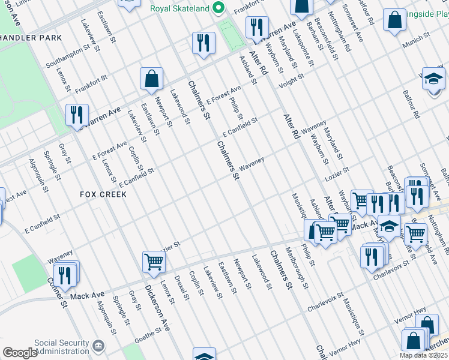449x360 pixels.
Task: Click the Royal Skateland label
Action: pyautogui.click(x=179, y=8)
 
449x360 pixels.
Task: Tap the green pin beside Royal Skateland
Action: pyautogui.click(x=218, y=8)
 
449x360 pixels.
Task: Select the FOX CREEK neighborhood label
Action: pyautogui.click(x=103, y=194)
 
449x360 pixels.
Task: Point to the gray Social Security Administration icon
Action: pyautogui.click(x=98, y=346)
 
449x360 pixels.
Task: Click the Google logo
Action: pyautogui.click(x=20, y=353)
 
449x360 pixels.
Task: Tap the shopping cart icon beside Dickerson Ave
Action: pyautogui.click(x=154, y=261)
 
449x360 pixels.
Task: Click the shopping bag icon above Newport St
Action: pyautogui.click(x=152, y=78)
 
